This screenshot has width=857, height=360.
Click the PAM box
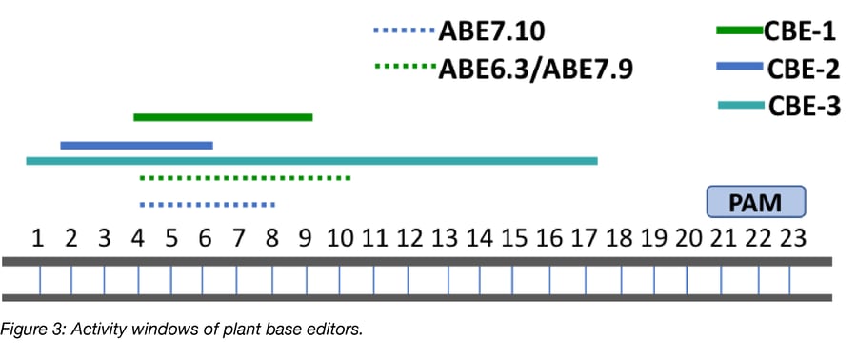pos(756,202)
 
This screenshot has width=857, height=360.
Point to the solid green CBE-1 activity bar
pos(223,117)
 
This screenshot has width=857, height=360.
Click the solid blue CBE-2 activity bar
pos(136,146)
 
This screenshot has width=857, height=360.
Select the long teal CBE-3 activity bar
pos(311,161)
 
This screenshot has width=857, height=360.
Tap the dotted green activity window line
pos(246,178)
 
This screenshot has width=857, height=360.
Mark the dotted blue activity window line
pos(207,204)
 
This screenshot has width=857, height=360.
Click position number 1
pos(37,237)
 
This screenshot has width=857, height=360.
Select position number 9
pos(306,237)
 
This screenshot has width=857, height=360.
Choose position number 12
pos(410,237)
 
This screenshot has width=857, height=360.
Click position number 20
pos(688,237)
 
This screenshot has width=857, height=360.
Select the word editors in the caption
pos(337,330)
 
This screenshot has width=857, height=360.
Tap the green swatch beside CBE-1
pos(740,31)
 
